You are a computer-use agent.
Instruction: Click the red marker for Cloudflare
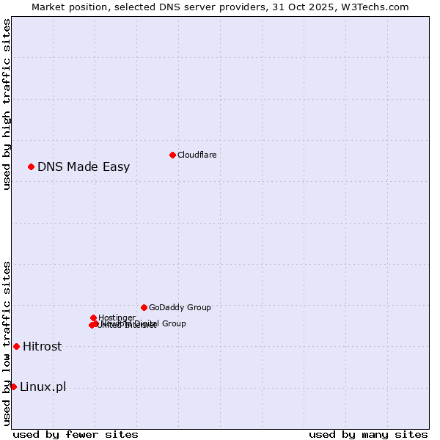[172, 155]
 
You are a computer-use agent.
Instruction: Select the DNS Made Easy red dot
[31, 166]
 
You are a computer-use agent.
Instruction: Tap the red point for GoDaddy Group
[144, 307]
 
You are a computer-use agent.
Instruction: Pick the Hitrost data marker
[16, 346]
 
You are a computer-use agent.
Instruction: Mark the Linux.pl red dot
[13, 386]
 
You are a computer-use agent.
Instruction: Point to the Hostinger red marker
[93, 318]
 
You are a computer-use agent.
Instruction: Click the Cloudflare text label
[197, 155]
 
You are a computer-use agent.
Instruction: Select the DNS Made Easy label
[84, 166]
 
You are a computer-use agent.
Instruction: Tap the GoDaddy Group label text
[180, 307]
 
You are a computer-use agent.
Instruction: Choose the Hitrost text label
[42, 346]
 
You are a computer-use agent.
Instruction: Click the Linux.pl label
[43, 386]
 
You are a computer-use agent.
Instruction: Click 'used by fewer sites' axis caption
[76, 434]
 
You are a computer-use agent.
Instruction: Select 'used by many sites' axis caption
[368, 434]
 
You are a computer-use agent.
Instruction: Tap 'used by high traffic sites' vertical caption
[7, 104]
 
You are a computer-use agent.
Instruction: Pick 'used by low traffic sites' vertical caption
[7, 343]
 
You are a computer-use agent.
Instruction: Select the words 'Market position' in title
[67, 7]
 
